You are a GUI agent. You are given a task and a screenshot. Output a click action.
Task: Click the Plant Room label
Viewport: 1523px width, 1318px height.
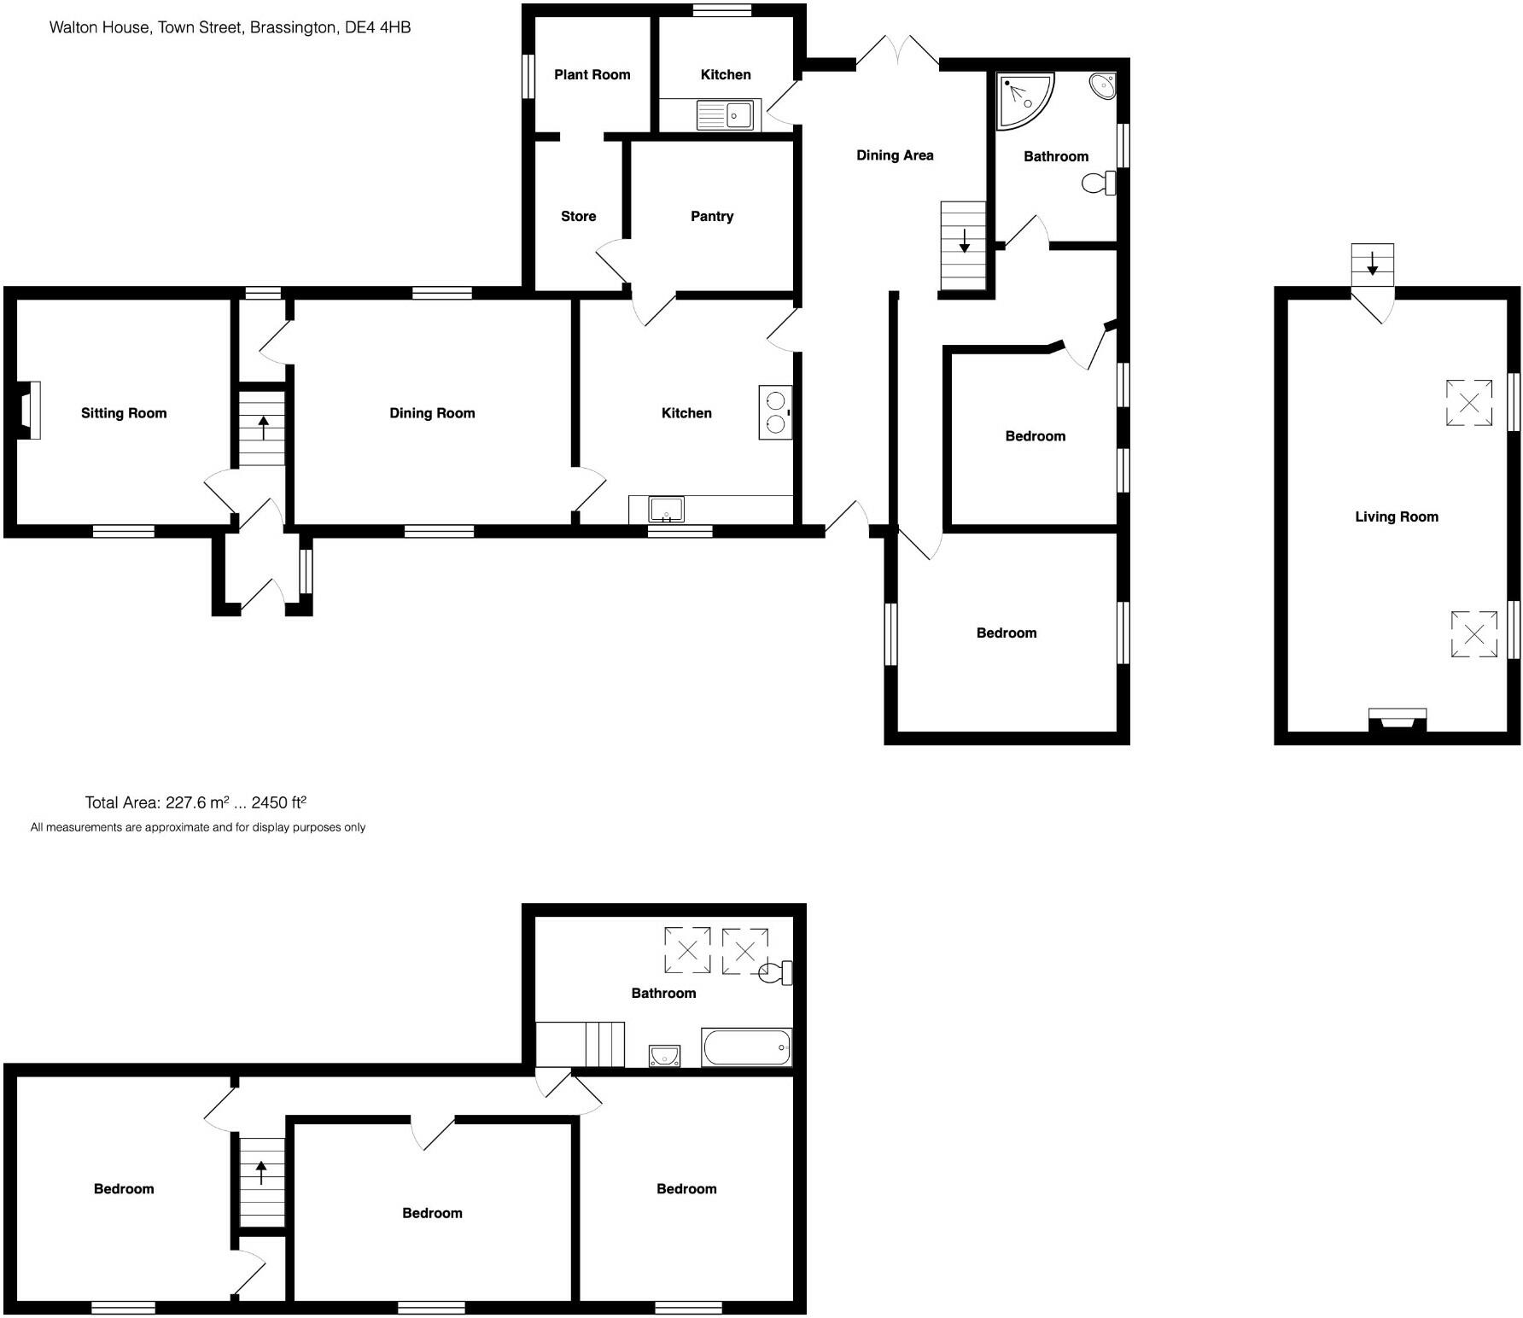[x=592, y=74]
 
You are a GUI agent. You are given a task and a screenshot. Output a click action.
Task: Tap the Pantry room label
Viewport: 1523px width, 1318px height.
[x=711, y=216]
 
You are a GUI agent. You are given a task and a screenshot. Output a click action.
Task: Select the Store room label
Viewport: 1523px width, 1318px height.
[x=578, y=216]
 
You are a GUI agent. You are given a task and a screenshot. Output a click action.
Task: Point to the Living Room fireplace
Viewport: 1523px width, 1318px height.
[x=1397, y=720]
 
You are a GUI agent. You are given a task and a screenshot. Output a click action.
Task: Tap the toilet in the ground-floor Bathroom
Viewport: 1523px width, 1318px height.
[x=1099, y=183]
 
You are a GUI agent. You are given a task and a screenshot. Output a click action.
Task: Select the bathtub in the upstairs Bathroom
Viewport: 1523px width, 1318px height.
[x=746, y=1047]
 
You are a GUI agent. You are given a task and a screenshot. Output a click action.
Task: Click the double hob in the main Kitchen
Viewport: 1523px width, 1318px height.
[x=775, y=412]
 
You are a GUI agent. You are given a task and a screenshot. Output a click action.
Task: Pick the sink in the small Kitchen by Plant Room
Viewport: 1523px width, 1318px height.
[x=726, y=115]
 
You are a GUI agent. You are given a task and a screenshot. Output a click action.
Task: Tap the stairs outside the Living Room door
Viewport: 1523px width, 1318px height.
[x=1372, y=265]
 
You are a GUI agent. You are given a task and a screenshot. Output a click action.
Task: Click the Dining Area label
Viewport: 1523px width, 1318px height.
[x=894, y=155]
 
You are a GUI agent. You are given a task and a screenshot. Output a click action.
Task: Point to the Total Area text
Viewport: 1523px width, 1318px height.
[x=195, y=802]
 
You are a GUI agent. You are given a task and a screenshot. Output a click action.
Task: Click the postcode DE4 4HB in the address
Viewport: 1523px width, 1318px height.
[x=377, y=27]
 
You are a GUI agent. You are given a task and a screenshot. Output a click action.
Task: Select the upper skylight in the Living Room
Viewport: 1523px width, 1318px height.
[x=1468, y=402]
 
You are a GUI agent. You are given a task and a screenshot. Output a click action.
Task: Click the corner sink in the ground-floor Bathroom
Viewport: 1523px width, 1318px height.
[x=1102, y=86]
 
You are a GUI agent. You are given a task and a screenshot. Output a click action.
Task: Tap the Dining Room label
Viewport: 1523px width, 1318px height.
[x=431, y=413]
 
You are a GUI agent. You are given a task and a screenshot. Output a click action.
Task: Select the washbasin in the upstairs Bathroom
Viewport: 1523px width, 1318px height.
[x=664, y=1056]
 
